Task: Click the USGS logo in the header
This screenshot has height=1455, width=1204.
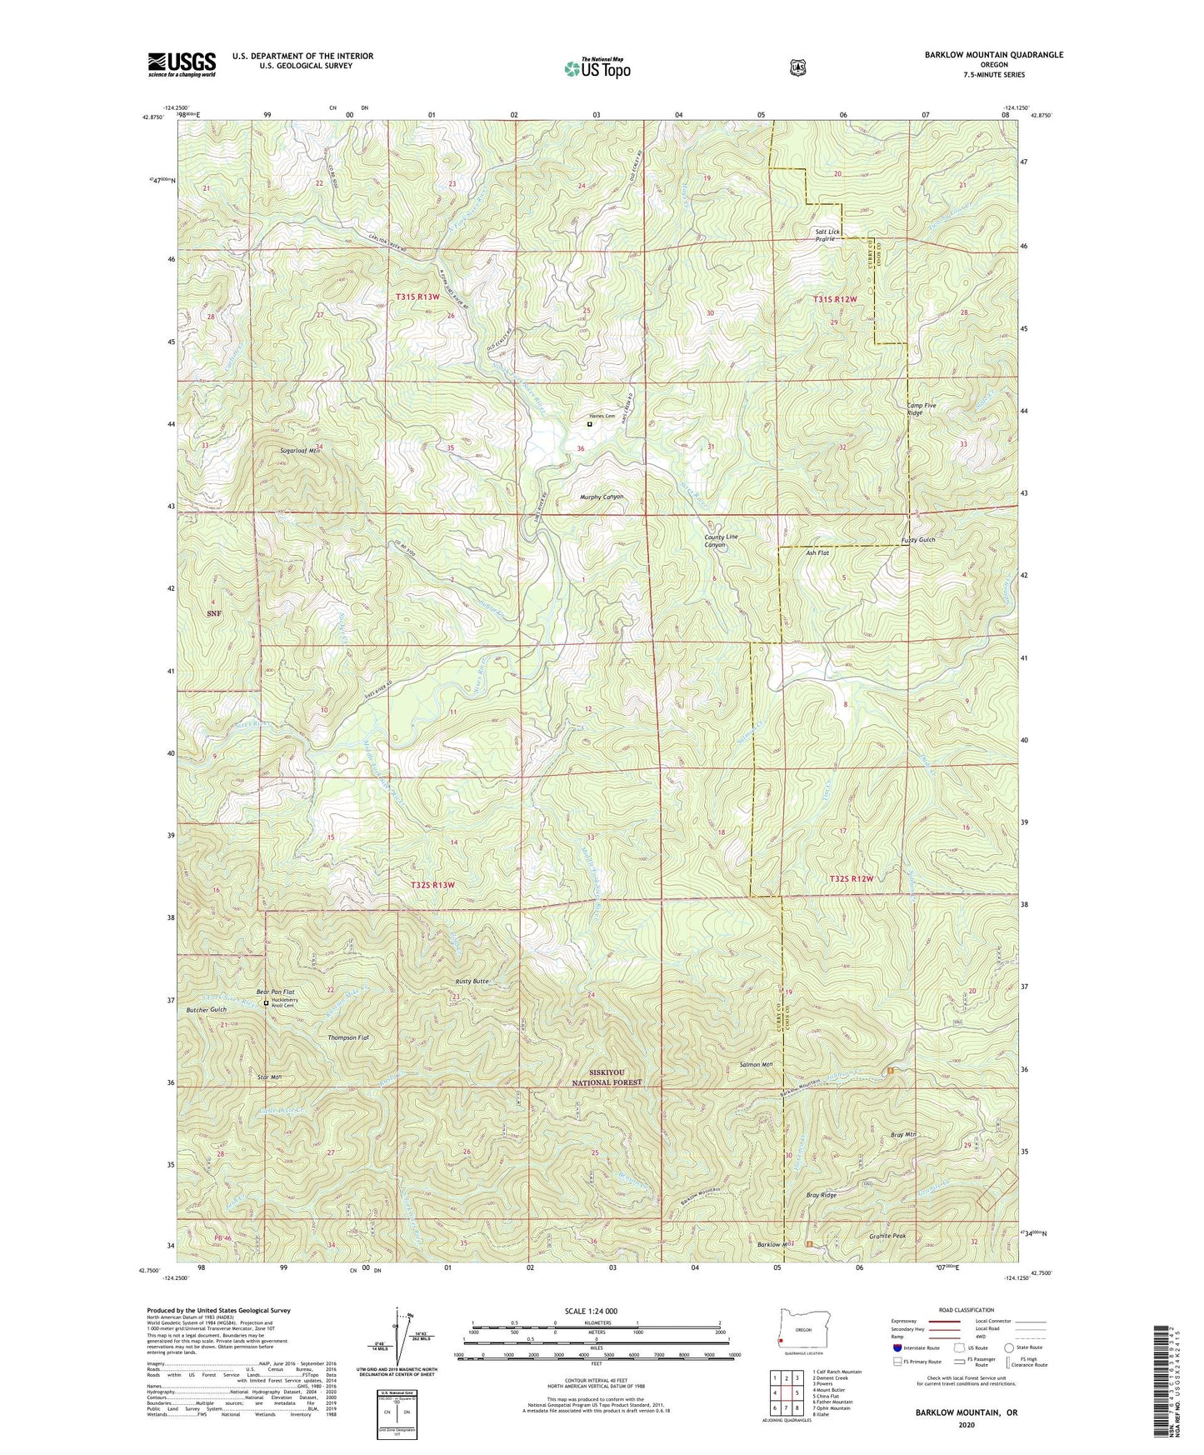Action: click(182, 64)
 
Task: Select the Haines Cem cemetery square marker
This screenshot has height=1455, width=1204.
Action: click(590, 424)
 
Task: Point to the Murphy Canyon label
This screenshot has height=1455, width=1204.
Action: click(602, 497)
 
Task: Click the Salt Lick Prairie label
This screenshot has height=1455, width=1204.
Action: click(822, 235)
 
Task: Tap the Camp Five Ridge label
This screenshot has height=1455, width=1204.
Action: click(922, 409)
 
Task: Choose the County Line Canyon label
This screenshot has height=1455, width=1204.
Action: click(721, 541)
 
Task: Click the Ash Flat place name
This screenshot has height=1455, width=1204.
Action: click(817, 553)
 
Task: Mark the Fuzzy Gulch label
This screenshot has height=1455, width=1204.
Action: click(918, 540)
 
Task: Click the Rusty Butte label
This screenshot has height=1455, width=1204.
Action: click(472, 982)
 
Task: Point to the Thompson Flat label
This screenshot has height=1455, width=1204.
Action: click(348, 1037)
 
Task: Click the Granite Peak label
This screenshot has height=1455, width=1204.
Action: click(887, 1237)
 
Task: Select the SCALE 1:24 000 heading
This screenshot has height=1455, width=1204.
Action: click(591, 1311)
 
